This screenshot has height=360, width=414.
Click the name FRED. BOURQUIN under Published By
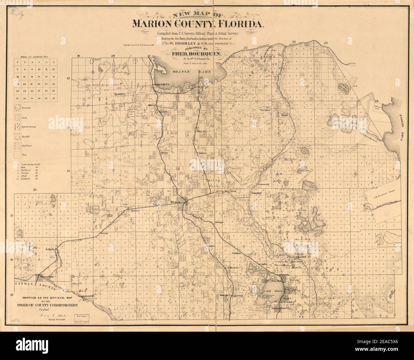(196, 54)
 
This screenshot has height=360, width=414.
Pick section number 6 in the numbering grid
(17, 62)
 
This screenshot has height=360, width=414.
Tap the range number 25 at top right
(325, 43)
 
